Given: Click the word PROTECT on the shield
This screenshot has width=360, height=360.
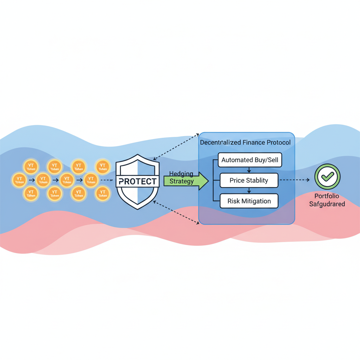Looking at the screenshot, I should pos(137,181).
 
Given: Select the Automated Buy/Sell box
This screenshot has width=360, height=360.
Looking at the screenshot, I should pos(250,160).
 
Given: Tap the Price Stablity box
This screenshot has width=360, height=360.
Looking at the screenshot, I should pos(249,181).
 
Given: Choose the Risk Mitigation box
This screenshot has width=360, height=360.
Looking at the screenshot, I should pos(249,201).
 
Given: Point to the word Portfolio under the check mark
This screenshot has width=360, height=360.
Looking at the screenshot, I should pos(327,196).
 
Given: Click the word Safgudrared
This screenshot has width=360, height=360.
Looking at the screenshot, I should pos(327,204).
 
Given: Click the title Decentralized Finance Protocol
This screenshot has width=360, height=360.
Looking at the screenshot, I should pos(245,143).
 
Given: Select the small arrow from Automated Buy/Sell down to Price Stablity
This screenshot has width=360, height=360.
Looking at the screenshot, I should pos(249,170).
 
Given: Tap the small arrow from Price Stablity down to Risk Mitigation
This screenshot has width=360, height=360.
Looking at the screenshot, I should pos(249,191).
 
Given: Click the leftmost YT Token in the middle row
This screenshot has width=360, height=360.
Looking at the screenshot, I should pos(19,180).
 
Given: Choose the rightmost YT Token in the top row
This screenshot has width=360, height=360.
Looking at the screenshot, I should pos(103,167).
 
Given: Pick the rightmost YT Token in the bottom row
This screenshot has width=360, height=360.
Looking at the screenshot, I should pos(103,193).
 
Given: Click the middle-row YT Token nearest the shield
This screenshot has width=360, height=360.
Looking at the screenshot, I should pos(91,180).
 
